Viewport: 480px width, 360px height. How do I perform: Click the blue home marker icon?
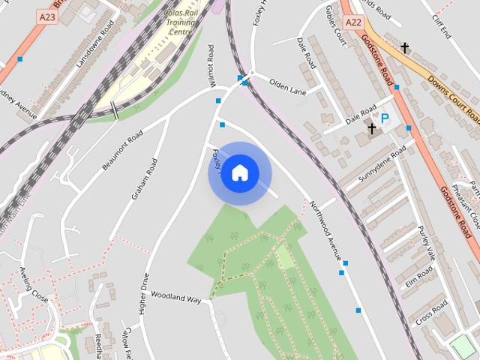(239, 172)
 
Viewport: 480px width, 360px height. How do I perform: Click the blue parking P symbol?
(385, 118)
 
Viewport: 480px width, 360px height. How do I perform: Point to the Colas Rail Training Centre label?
(180, 22)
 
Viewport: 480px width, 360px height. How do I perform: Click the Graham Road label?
(145, 179)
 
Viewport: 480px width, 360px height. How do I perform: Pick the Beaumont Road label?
(122, 151)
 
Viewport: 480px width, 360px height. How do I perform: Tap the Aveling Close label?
(34, 284)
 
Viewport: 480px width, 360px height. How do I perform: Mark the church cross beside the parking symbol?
(371, 129)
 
